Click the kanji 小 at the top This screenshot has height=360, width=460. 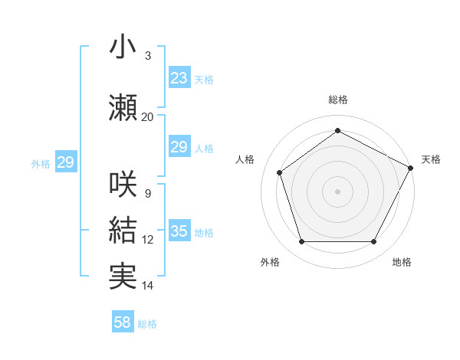coord(122,47)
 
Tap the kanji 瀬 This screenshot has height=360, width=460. coord(123,107)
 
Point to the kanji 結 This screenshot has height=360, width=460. coord(123,230)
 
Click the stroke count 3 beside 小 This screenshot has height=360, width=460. coord(147,56)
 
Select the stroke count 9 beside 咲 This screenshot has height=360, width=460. coord(147,193)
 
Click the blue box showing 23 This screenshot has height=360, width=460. coord(179,78)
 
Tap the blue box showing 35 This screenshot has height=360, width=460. coord(179,231)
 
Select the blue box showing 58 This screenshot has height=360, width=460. coord(123,323)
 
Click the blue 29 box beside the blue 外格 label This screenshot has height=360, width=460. coord(65,162)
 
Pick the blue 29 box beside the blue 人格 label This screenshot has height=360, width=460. coord(179,147)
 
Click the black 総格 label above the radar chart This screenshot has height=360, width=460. coord(337,100)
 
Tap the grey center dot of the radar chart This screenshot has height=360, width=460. coord(337,191)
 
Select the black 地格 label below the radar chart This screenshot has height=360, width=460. coord(402,262)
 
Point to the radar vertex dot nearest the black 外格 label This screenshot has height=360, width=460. coord(301,242)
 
